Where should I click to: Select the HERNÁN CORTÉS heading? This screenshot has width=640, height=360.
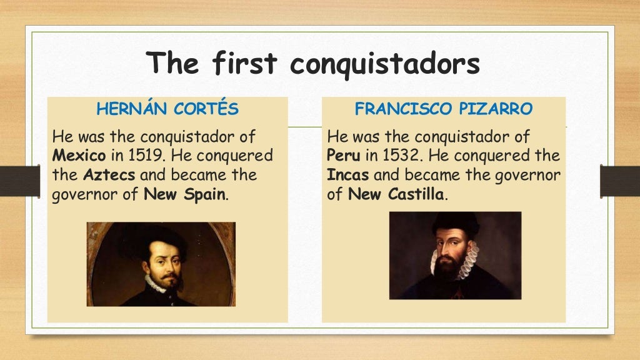pos(167,109)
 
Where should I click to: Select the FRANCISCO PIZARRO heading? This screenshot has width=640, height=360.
pos(444,109)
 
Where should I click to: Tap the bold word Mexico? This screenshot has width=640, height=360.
pos(79,154)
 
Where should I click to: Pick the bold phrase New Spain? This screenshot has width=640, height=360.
pos(185,194)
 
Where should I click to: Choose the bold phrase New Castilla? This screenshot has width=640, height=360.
pos(396,194)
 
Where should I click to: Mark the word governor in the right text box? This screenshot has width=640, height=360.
pos(528,174)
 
